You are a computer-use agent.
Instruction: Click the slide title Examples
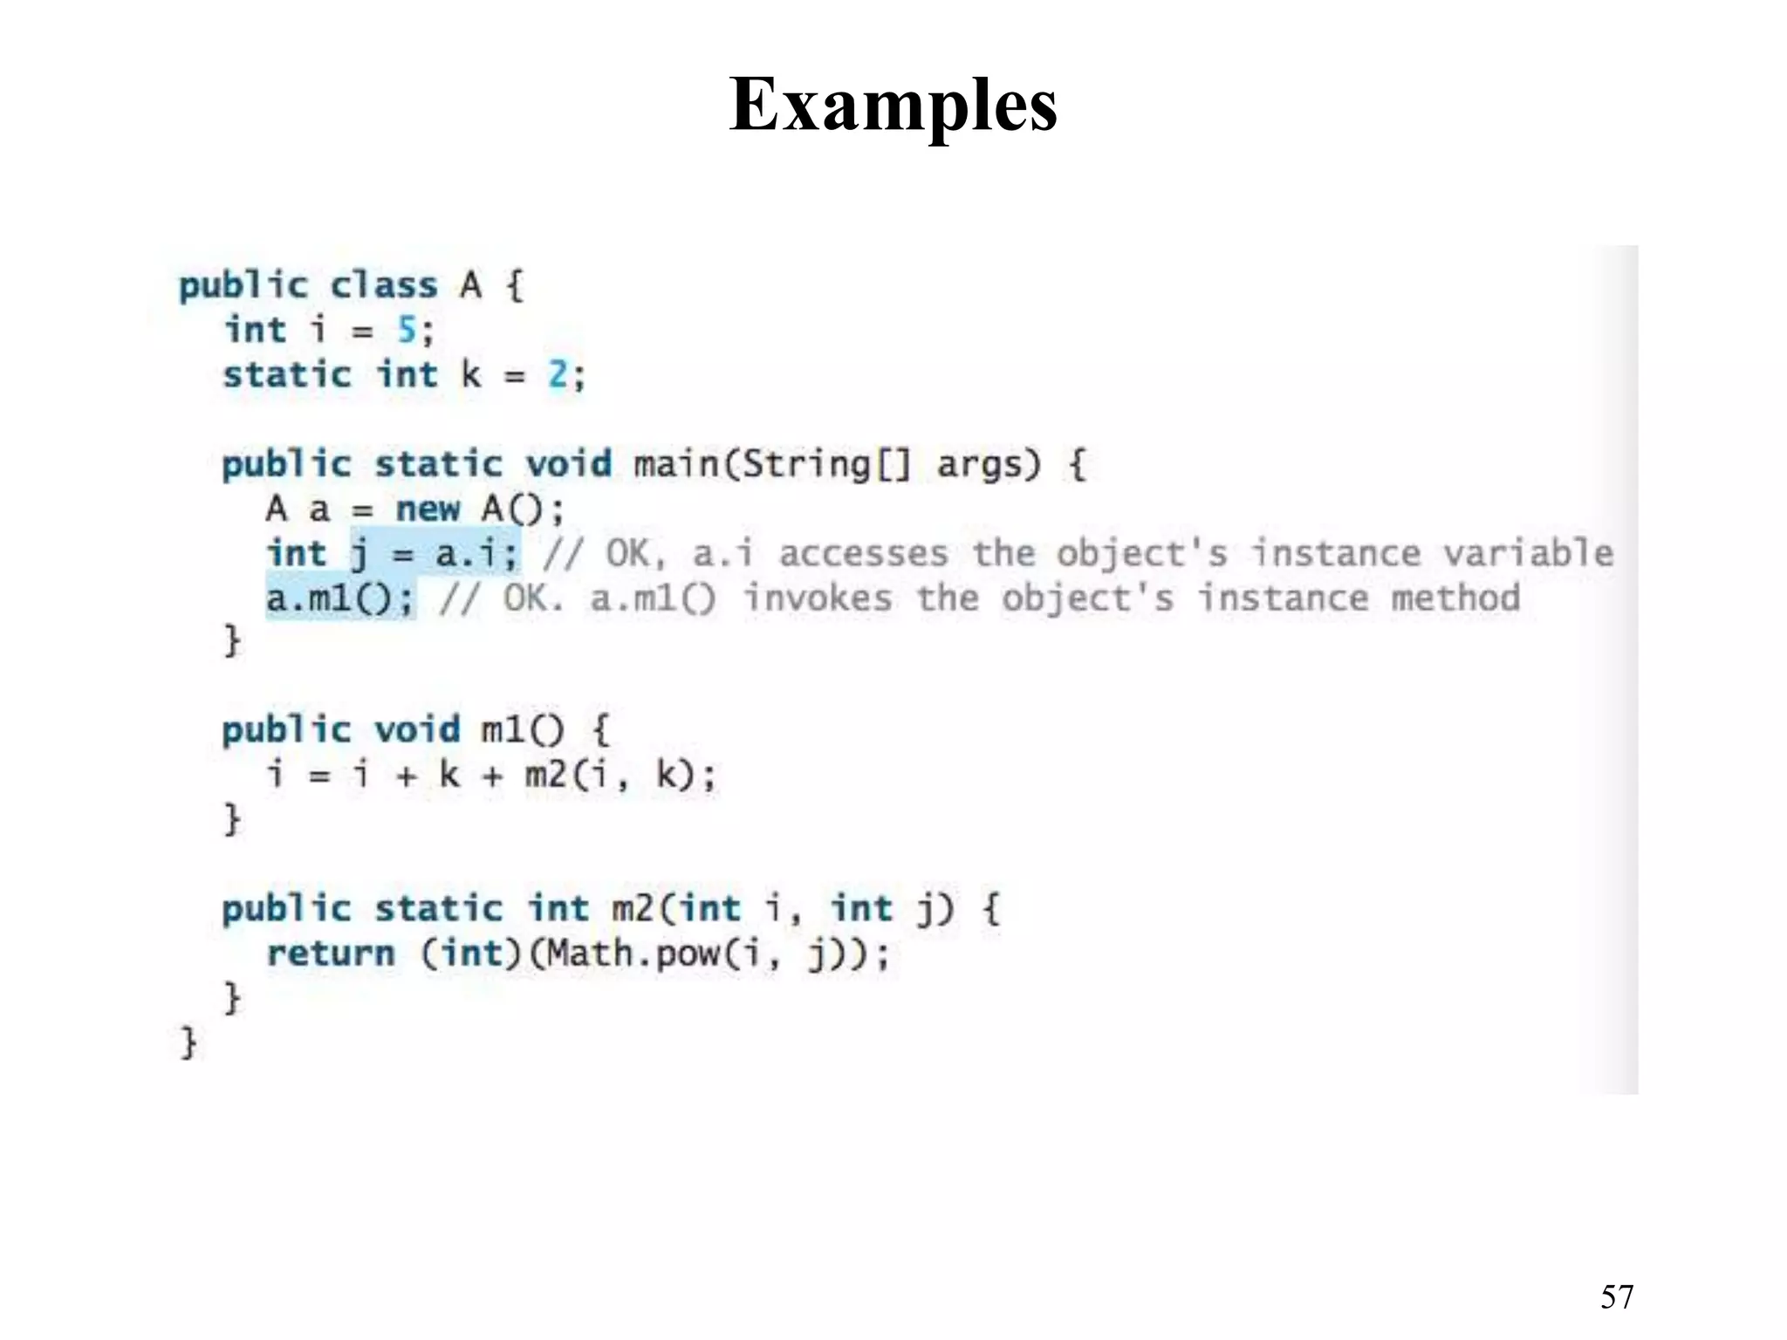pyautogui.click(x=893, y=106)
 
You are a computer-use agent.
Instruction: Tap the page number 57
pyautogui.click(x=1617, y=1297)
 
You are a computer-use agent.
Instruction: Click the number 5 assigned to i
pyautogui.click(x=407, y=330)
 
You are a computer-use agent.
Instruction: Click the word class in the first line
pyautogui.click(x=384, y=285)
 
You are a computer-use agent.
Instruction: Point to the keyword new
pyautogui.click(x=428, y=509)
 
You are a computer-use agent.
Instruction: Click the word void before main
pyautogui.click(x=568, y=463)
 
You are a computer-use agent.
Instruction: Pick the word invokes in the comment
pyautogui.click(x=818, y=598)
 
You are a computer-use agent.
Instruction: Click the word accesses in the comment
pyautogui.click(x=863, y=554)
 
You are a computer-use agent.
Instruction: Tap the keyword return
pyautogui.click(x=331, y=954)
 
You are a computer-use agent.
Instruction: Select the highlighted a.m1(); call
pyautogui.click(x=340, y=598)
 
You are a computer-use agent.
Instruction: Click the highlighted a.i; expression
pyautogui.click(x=476, y=554)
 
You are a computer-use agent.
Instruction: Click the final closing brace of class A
pyautogui.click(x=188, y=1043)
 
